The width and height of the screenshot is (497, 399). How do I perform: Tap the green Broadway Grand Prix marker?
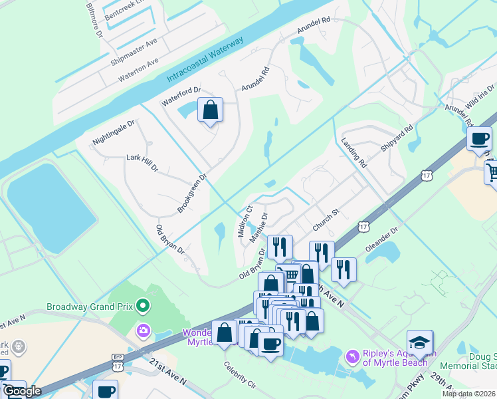point(142,307)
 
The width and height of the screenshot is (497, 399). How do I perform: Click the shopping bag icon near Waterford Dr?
point(210,110)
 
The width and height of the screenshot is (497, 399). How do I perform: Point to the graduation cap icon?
point(419,342)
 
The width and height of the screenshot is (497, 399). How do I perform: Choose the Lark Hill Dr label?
point(142,164)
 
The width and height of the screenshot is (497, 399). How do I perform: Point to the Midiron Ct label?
point(245,216)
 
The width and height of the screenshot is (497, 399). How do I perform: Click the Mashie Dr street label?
point(258,227)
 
